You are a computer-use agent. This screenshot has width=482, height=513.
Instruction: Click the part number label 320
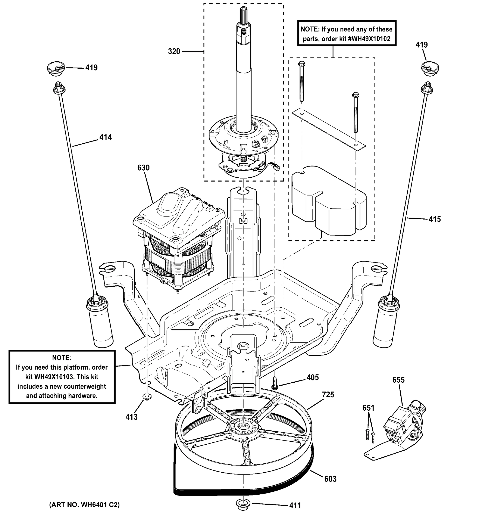pyautogui.click(x=174, y=52)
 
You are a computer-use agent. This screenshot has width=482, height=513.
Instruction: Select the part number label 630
pyautogui.click(x=143, y=168)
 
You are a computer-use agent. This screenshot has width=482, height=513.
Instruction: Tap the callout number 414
pyautogui.click(x=106, y=137)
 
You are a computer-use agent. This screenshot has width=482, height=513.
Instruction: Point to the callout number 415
pyautogui.click(x=435, y=219)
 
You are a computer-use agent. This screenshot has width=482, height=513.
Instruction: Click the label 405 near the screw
pyautogui.click(x=313, y=377)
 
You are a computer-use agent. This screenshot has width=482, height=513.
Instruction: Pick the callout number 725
pyautogui.click(x=328, y=395)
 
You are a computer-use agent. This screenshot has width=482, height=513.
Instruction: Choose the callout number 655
pyautogui.click(x=398, y=380)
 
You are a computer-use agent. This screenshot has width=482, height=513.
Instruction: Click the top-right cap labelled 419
pyautogui.click(x=430, y=68)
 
